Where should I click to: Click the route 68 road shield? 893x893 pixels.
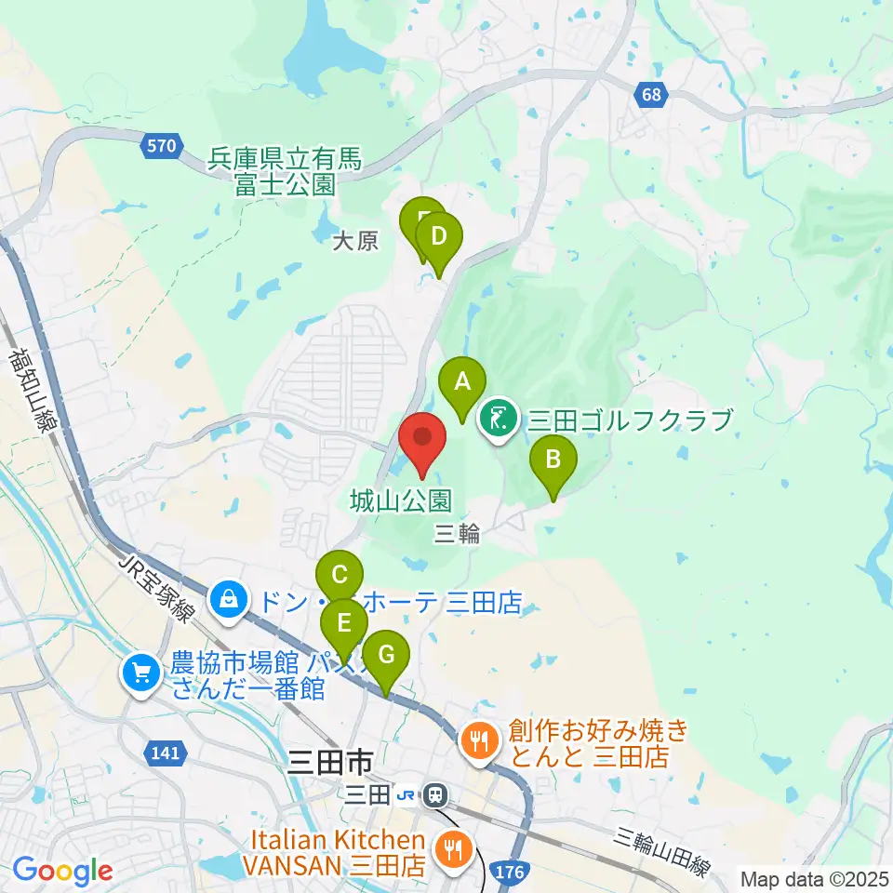652,94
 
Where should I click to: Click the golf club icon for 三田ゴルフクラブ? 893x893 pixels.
500,420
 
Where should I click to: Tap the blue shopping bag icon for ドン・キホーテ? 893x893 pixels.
228,600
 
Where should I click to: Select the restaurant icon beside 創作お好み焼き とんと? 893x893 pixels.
480,741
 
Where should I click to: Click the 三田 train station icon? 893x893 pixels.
434,795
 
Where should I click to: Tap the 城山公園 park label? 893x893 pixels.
402,502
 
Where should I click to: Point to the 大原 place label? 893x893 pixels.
355,242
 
